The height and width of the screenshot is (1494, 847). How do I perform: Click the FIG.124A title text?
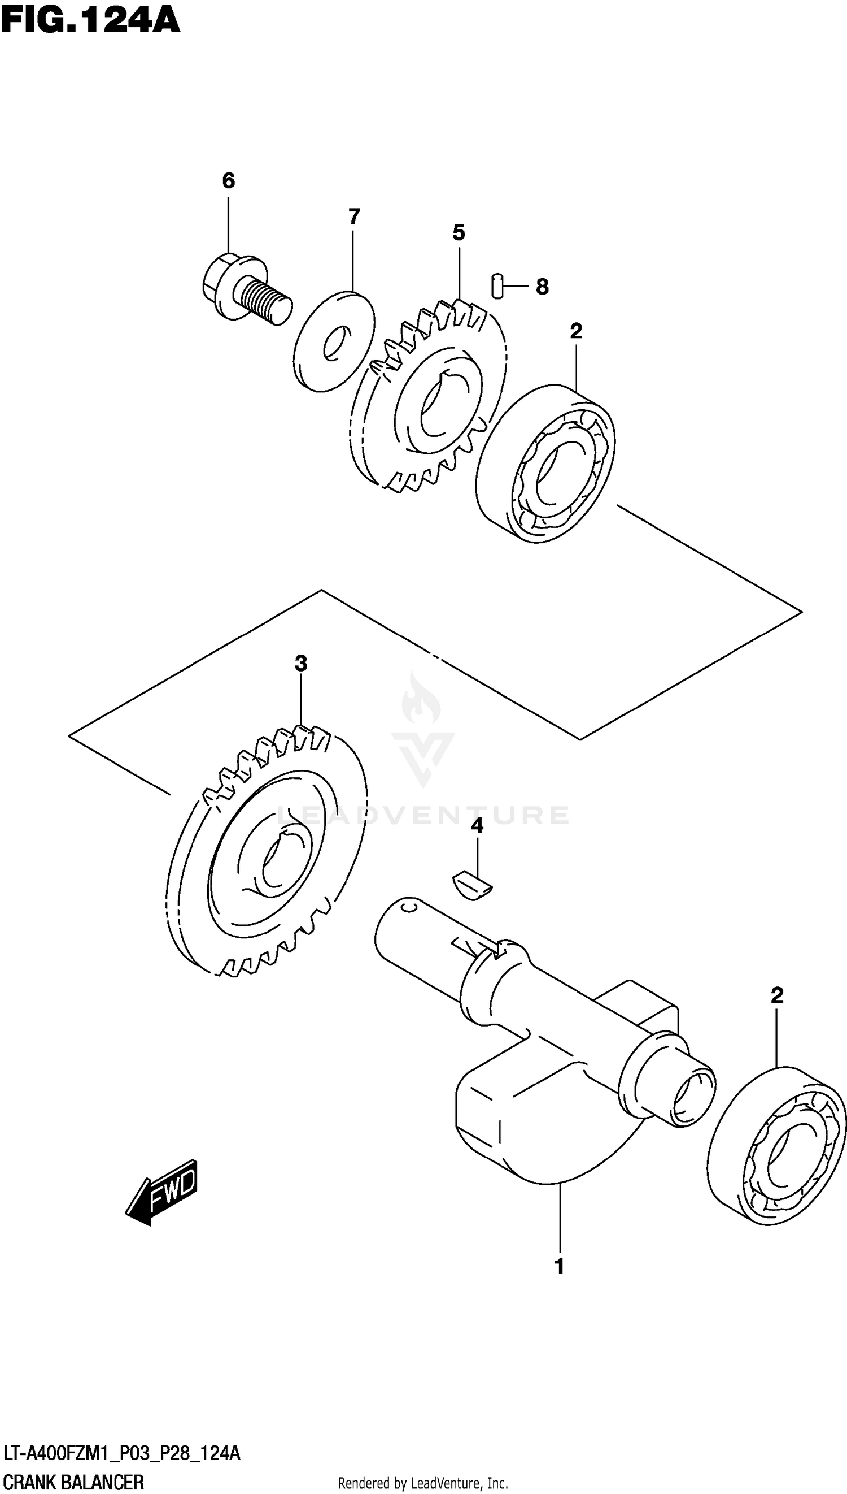pyautogui.click(x=90, y=21)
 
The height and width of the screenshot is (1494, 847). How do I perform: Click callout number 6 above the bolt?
pyautogui.click(x=229, y=180)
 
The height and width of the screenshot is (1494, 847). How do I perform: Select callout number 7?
pyautogui.click(x=353, y=216)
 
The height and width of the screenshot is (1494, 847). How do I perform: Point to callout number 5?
pyautogui.click(x=459, y=233)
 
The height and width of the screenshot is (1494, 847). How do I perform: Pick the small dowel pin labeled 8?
pyautogui.click(x=496, y=285)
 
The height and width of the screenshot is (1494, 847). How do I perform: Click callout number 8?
pyautogui.click(x=542, y=287)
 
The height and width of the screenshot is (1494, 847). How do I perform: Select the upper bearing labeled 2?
pyautogui.click(x=545, y=464)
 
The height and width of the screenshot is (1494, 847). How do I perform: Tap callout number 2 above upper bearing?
pyautogui.click(x=576, y=331)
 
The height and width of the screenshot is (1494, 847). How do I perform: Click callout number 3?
pyautogui.click(x=300, y=663)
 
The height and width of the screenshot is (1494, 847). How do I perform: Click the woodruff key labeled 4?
pyautogui.click(x=473, y=886)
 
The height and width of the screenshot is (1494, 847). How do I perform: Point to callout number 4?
pyautogui.click(x=477, y=825)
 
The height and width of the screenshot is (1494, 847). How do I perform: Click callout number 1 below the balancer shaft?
pyautogui.click(x=559, y=1266)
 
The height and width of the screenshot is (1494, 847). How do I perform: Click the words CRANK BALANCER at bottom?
pyautogui.click(x=73, y=1478)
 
